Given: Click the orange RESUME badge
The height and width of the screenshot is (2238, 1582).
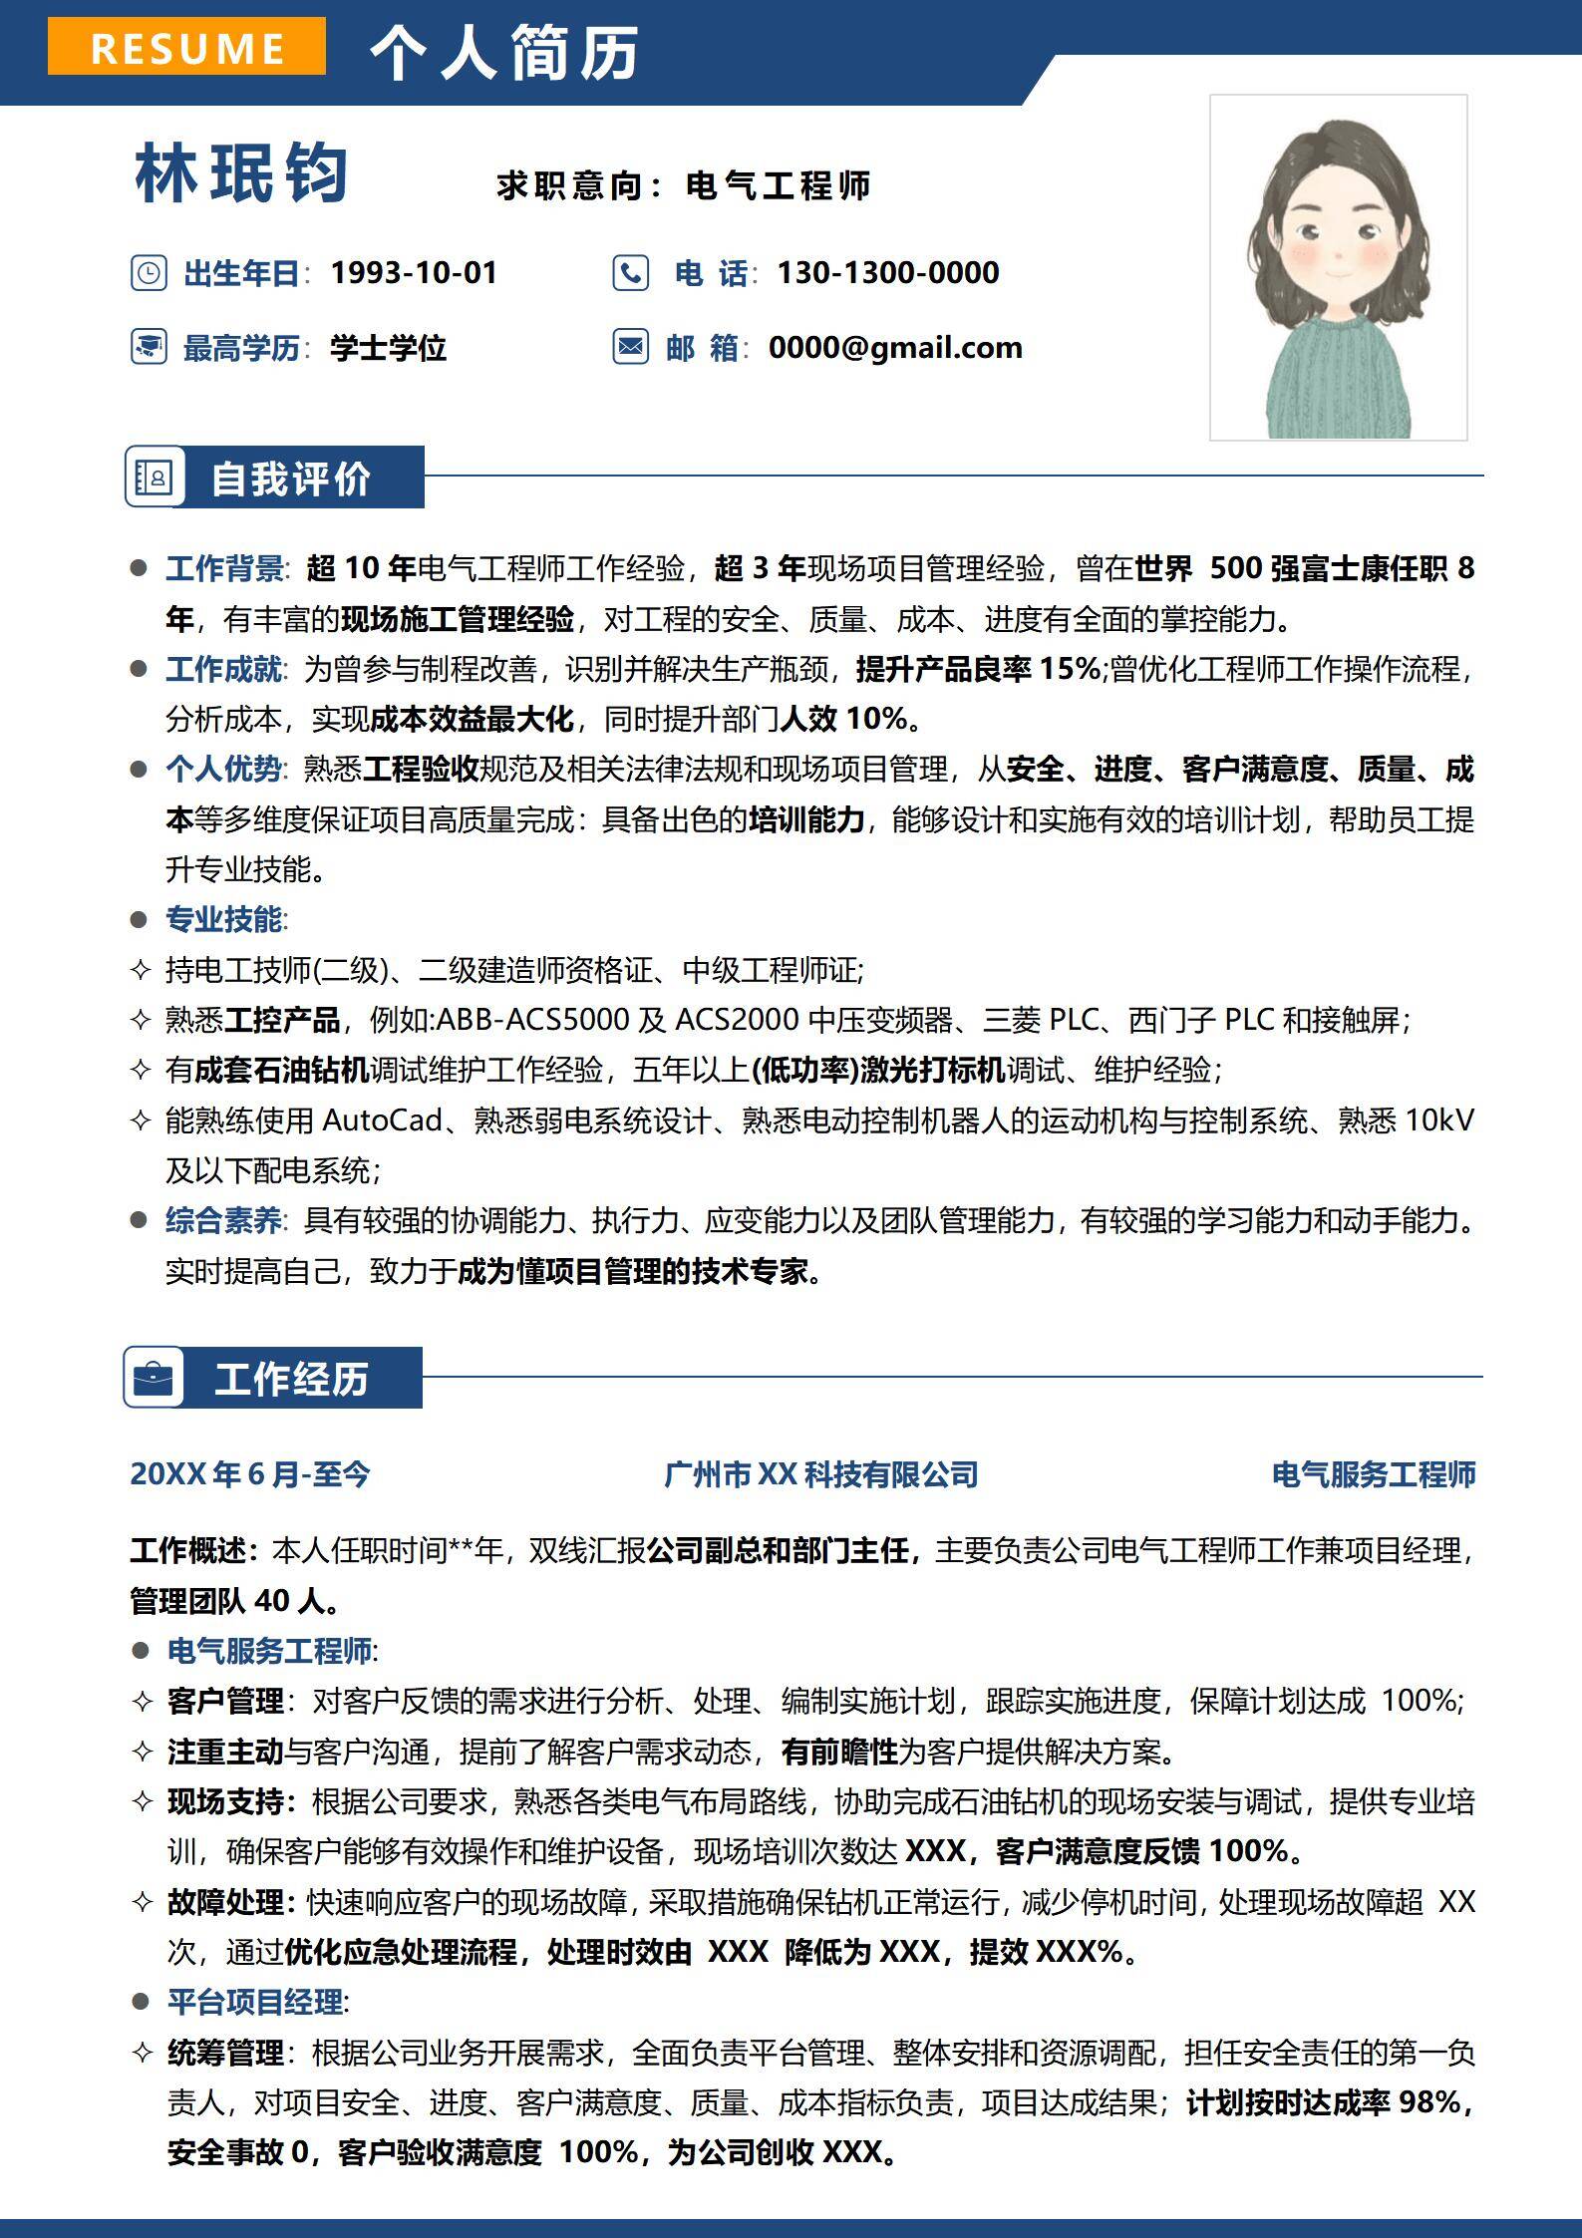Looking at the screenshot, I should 186,47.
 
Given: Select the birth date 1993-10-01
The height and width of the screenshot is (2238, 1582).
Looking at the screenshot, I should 414,272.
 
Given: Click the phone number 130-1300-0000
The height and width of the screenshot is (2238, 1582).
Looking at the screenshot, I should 888,272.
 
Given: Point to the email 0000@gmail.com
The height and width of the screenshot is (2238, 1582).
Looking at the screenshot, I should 895,347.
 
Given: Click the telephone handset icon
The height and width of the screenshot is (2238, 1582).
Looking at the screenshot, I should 630,272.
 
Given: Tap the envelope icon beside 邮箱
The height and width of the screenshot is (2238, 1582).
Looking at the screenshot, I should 630,347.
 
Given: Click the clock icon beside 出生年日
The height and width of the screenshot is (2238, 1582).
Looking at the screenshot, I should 149,272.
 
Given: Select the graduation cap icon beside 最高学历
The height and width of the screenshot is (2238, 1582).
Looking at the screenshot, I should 149,347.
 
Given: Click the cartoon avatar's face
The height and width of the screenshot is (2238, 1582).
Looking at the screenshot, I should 1338,249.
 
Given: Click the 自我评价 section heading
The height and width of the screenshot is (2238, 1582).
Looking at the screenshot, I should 291,479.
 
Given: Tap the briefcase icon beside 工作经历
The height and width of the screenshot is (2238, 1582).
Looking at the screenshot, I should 154,1379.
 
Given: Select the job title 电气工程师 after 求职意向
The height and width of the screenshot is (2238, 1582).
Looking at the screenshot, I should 779,185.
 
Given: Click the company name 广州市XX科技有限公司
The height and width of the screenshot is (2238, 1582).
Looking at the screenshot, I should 820,1474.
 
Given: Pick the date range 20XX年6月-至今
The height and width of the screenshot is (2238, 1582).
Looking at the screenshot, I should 249,1474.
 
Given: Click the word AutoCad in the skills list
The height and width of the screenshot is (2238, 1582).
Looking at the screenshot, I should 382,1120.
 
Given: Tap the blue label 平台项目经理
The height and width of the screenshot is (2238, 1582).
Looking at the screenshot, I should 255,2002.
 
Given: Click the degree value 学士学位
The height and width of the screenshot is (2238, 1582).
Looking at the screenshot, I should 388,348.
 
